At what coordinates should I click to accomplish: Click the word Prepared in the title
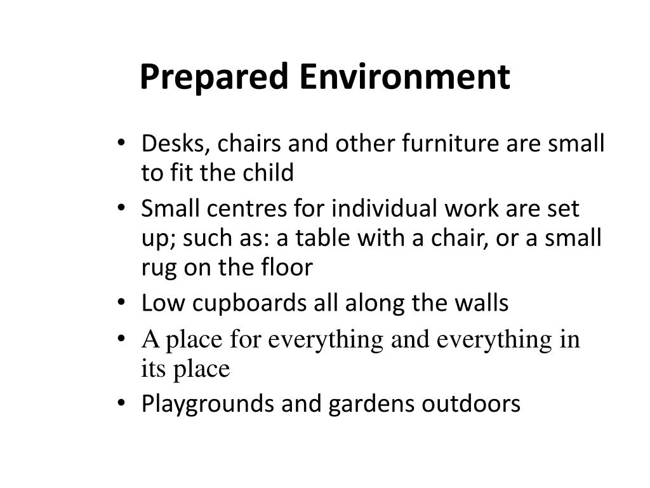pos(215,78)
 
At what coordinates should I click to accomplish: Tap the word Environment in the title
pos(404,76)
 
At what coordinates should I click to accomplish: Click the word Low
pos(161,304)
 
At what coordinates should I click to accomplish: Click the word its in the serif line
pos(153,369)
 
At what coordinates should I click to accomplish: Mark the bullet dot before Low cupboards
pos(122,304)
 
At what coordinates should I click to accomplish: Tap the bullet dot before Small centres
pos(122,209)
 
